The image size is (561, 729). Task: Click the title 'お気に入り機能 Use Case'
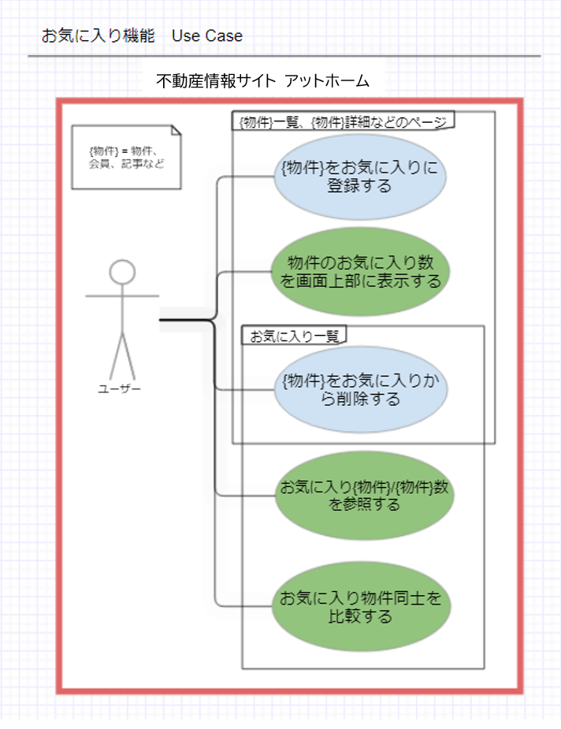tap(142, 36)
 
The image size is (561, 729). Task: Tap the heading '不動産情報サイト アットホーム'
tap(262, 81)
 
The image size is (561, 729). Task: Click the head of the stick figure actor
tap(122, 273)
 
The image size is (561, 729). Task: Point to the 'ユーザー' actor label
tap(120, 389)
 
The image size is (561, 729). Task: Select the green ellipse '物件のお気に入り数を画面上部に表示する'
tap(359, 272)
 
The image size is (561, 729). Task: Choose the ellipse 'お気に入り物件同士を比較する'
tap(359, 607)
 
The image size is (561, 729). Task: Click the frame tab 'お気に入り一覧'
tap(294, 336)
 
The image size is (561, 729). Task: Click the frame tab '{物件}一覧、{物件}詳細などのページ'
tap(344, 121)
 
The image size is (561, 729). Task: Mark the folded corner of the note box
tap(175, 132)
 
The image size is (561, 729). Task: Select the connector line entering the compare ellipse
tap(244, 606)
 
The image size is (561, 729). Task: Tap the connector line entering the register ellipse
tap(244, 177)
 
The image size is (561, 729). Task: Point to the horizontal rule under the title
tap(284, 57)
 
